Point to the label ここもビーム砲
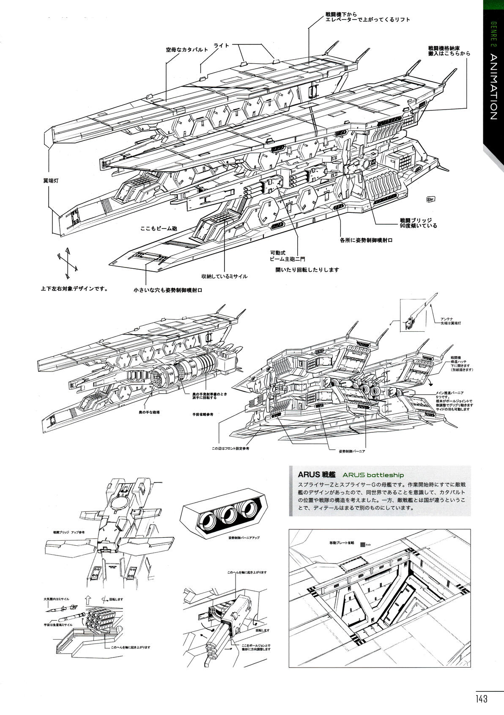tap(159, 228)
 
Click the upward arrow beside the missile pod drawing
tap(87, 600)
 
